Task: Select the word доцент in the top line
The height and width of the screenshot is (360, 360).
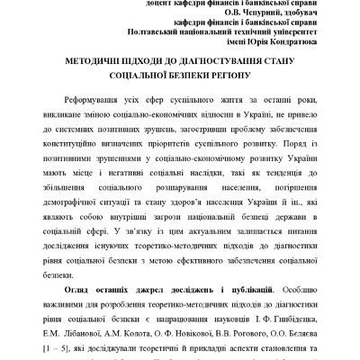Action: (x=134, y=3)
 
